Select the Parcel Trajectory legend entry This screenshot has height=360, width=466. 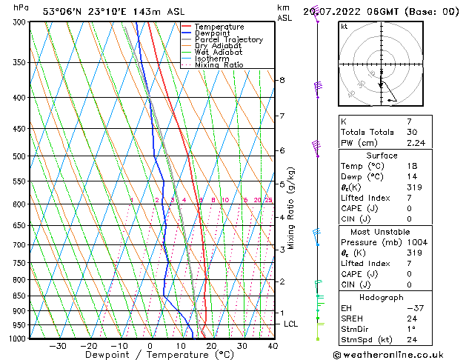click(x=228, y=40)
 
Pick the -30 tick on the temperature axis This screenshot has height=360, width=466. click(x=58, y=346)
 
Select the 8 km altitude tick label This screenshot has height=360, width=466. click(x=282, y=80)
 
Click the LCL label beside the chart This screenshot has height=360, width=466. click(x=291, y=324)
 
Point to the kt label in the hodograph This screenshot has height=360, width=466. click(x=344, y=26)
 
